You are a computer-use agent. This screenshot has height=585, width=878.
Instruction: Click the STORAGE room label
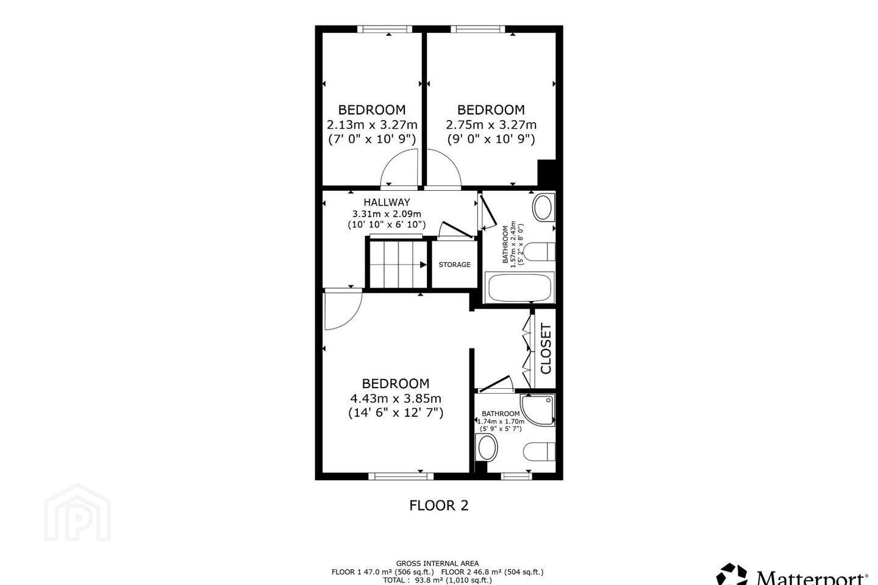[454, 264]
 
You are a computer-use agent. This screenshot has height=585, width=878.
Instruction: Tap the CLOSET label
[546, 349]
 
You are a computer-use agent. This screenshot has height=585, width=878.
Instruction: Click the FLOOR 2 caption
[438, 505]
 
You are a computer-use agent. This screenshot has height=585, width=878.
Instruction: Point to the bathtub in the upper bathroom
[519, 288]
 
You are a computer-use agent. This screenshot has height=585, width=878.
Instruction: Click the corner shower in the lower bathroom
[537, 410]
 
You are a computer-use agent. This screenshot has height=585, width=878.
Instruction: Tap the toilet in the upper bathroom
[540, 252]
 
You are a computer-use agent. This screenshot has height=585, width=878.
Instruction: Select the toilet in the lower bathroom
[540, 452]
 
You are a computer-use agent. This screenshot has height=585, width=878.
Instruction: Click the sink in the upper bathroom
[543, 208]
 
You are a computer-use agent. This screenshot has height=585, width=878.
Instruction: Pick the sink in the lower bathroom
[487, 447]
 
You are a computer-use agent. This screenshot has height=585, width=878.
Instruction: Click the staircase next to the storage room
[398, 264]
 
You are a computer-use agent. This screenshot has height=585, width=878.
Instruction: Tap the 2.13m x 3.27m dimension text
[372, 124]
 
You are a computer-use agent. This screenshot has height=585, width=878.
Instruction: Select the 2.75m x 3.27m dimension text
[491, 124]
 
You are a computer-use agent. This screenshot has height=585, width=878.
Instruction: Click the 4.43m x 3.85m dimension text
[396, 399]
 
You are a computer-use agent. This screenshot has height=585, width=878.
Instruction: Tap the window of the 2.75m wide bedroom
[477, 29]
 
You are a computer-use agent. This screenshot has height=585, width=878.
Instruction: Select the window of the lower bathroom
[516, 477]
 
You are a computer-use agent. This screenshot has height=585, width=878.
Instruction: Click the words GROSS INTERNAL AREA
[437, 564]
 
